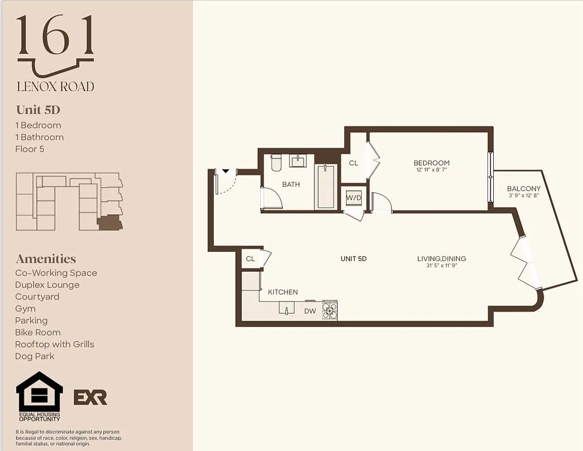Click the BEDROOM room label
point(431,163)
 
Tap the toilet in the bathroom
point(276,162)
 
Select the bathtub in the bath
point(325,187)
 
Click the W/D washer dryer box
point(354,197)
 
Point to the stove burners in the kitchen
point(330,309)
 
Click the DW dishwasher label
point(310,311)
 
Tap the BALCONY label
point(523,189)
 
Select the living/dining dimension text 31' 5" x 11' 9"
point(441,266)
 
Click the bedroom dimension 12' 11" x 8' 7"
point(431,170)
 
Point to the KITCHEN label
point(283,292)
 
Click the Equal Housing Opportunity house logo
point(39,392)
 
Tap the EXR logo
point(90,397)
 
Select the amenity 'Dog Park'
point(35,356)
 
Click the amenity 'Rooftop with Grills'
point(55,344)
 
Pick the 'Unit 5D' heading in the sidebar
point(38,110)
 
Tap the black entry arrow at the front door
point(225,171)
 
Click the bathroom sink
point(298,161)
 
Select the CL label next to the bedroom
point(353,163)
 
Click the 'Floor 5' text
point(29,149)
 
